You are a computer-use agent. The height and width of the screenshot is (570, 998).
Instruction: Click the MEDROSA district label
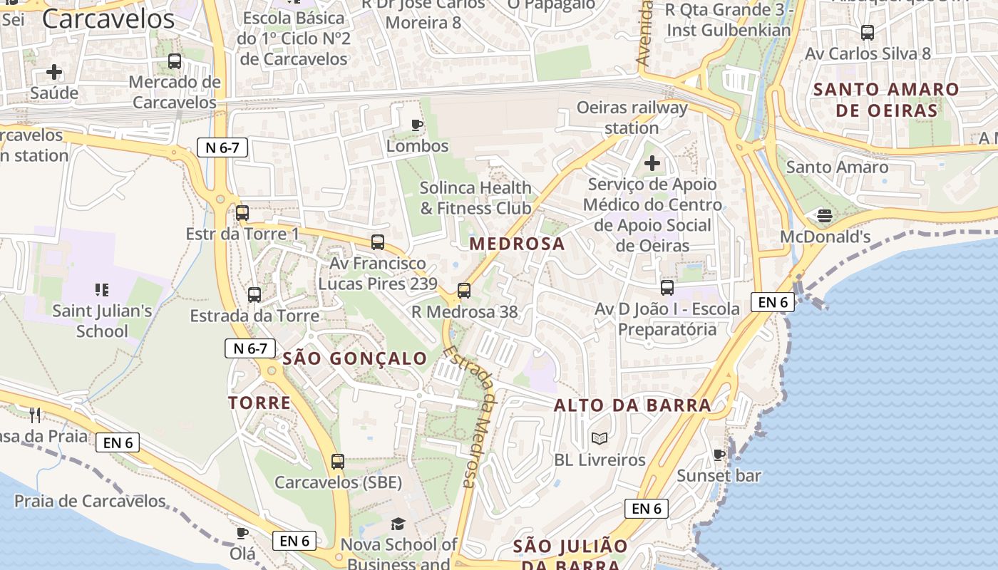pyautogui.click(x=517, y=244)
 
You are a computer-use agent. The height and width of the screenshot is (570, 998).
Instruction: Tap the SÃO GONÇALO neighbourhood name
pyautogui.click(x=355, y=358)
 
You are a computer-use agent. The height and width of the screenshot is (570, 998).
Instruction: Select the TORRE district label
pyautogui.click(x=259, y=403)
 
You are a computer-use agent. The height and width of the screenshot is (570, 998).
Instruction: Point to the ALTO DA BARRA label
pyautogui.click(x=632, y=405)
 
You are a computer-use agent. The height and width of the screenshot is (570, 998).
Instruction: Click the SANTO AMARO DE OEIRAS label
pyautogui.click(x=886, y=100)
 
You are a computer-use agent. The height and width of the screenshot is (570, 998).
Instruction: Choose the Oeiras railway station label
pyautogui.click(x=632, y=118)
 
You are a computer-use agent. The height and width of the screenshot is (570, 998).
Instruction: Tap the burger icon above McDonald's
pyautogui.click(x=825, y=215)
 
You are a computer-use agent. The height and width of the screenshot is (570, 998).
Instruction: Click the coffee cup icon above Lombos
pyautogui.click(x=417, y=125)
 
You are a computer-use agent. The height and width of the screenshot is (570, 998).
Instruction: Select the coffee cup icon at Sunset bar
pyautogui.click(x=719, y=455)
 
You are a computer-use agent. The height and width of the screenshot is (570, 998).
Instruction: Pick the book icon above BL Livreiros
pyautogui.click(x=600, y=438)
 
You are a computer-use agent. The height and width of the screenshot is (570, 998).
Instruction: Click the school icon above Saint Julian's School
pyautogui.click(x=102, y=289)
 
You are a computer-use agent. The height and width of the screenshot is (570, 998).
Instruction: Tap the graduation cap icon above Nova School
pyautogui.click(x=398, y=524)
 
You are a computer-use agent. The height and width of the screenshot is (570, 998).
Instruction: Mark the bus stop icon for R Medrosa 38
pyautogui.click(x=464, y=290)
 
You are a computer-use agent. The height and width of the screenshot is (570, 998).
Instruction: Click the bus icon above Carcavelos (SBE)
pyautogui.click(x=338, y=461)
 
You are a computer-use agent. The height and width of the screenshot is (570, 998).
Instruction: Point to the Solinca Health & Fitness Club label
pyautogui.click(x=475, y=197)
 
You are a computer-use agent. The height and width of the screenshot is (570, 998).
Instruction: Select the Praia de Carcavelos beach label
pyautogui.click(x=90, y=501)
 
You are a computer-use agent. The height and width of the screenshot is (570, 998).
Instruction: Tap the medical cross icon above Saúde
pyautogui.click(x=54, y=72)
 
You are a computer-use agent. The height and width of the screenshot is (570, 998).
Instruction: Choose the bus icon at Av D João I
pyautogui.click(x=667, y=287)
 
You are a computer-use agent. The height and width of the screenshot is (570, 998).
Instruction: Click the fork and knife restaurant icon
pyautogui.click(x=34, y=415)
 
